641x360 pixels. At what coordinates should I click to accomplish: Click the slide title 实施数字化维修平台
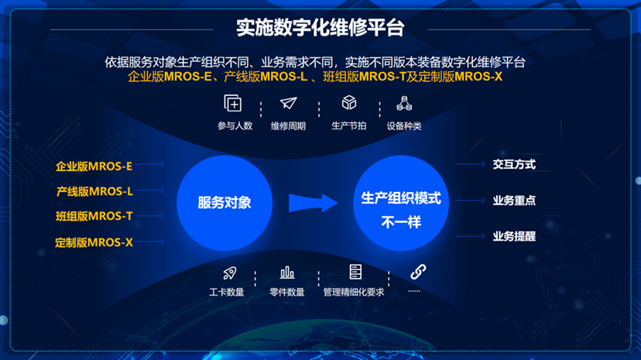(320, 28)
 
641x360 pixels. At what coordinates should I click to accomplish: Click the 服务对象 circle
(225, 203)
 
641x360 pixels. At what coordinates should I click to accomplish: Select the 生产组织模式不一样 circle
(401, 203)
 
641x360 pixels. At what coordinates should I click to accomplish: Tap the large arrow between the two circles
(313, 203)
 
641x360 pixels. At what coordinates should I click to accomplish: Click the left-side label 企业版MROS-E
(94, 166)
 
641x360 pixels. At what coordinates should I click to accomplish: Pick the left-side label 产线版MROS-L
(94, 191)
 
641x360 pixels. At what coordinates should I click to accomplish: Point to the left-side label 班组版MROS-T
(94, 216)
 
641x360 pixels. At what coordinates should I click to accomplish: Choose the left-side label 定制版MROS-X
(94, 242)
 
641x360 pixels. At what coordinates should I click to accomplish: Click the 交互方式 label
(514, 164)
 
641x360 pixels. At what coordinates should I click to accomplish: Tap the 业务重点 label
(514, 201)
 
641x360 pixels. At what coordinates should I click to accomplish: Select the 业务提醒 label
(514, 236)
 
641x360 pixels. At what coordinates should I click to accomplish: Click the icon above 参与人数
(233, 103)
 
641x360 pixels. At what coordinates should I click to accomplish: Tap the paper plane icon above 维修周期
(288, 103)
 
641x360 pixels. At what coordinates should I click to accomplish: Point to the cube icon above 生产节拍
(349, 102)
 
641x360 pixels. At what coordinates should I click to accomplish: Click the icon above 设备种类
(404, 104)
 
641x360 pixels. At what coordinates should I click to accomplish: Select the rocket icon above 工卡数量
(230, 273)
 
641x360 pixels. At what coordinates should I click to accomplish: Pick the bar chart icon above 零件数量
(287, 273)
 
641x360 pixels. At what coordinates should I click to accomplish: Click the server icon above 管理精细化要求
(355, 272)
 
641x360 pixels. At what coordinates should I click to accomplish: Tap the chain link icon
(418, 272)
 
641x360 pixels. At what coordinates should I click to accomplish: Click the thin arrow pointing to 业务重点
(471, 201)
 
